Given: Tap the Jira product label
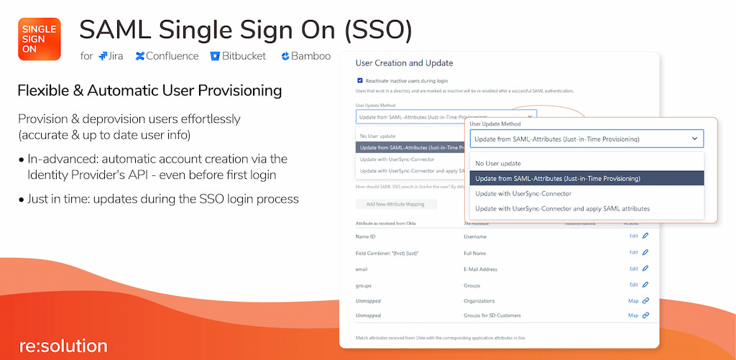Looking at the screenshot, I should (111, 56).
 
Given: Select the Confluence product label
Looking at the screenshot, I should (167, 56).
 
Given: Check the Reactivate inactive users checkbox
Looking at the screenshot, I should (360, 80).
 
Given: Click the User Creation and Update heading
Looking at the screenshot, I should (404, 63).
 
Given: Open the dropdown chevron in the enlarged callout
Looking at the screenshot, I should (694, 139).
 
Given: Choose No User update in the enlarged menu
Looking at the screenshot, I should (498, 163).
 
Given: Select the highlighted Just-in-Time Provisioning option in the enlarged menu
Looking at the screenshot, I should (558, 178).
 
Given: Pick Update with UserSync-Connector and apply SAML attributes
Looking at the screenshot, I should (562, 208).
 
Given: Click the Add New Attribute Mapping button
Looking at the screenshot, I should (396, 205).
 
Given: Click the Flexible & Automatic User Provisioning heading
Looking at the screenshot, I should (149, 91).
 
